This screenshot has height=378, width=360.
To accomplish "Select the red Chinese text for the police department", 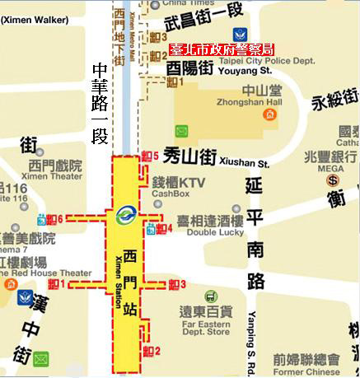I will (x=223, y=49).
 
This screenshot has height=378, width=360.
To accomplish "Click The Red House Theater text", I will (x=45, y=273).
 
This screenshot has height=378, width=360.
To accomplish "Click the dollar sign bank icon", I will (x=334, y=180).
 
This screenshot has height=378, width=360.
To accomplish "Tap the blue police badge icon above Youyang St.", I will (x=240, y=34).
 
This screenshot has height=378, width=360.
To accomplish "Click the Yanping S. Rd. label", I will (x=252, y=342).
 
